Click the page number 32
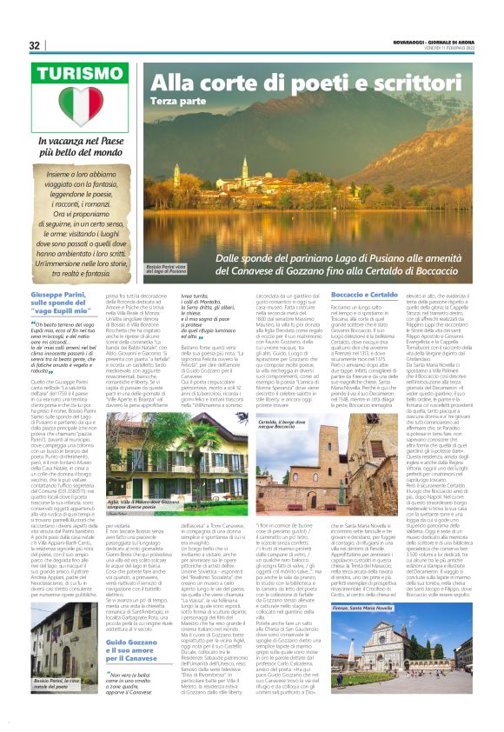[x=35, y=45]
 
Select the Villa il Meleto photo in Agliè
[x=186, y=462]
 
